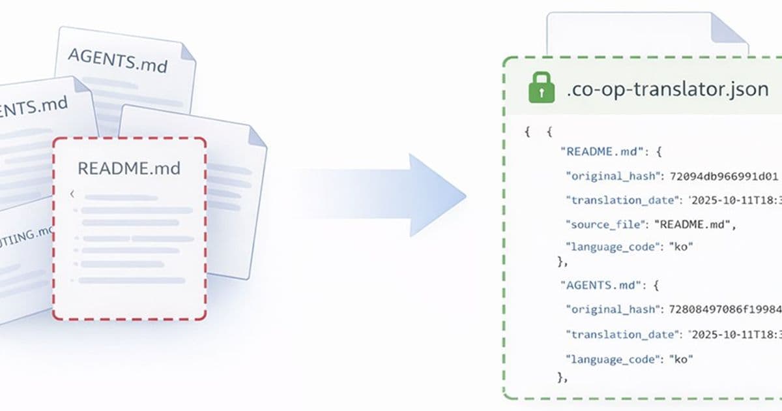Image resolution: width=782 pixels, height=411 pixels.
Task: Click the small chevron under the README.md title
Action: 72,194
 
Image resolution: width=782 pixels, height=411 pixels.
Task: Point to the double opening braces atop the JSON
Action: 538,132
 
